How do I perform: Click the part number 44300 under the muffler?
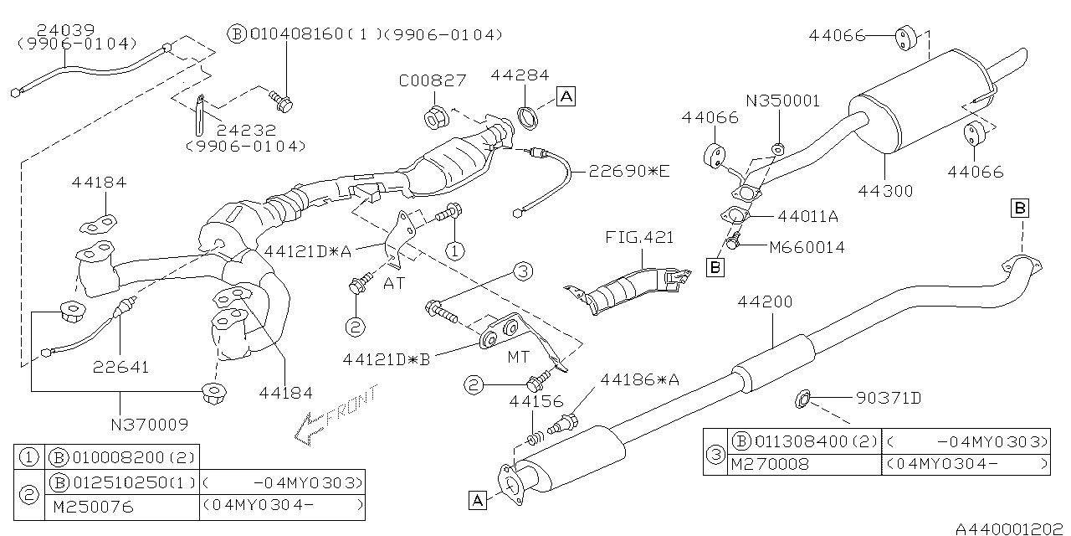885,191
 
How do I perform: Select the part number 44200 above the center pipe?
764,301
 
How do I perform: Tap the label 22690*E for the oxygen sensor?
629,172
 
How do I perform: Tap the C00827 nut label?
432,80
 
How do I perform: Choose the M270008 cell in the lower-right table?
770,463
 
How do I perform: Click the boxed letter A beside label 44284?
566,96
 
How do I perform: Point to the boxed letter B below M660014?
715,268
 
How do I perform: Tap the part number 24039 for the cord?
48,28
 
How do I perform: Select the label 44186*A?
639,380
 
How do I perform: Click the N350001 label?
783,101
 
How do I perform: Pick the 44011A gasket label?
807,216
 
